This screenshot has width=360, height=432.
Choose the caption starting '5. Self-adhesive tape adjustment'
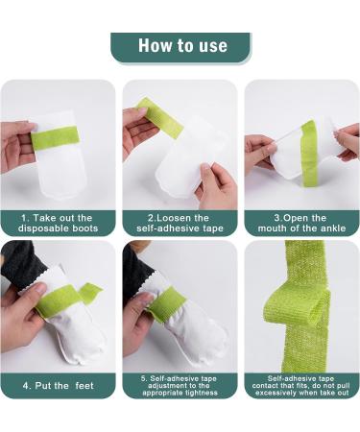(180, 384)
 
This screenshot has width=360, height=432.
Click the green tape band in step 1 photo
(60, 140)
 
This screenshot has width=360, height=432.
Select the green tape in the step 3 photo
(309, 154)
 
